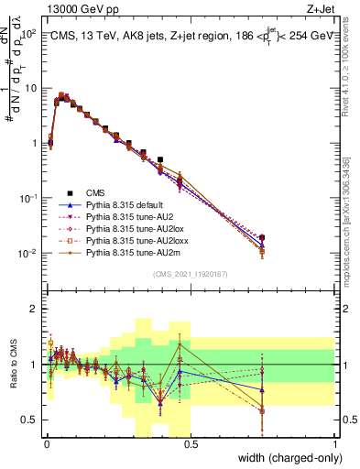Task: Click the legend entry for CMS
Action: [95, 192]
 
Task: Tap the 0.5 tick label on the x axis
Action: [190, 443]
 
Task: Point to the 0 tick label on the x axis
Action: [46, 443]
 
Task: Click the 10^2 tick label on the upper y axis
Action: [27, 34]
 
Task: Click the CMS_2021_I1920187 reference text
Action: [191, 274]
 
